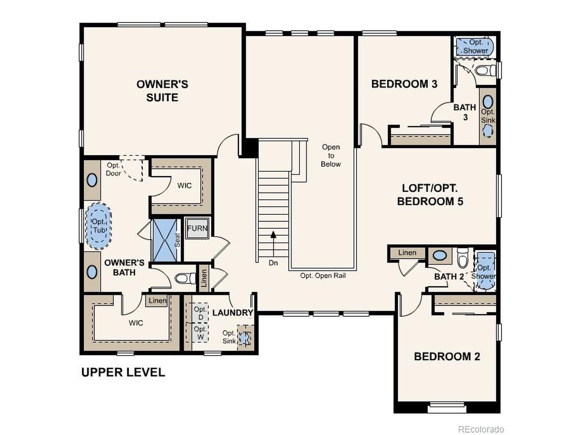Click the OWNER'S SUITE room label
pyautogui.click(x=162, y=91)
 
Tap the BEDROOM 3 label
pyautogui.click(x=404, y=84)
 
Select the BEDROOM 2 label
pyautogui.click(x=447, y=357)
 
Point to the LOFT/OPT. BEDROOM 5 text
pyautogui.click(x=430, y=195)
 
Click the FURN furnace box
pyautogui.click(x=197, y=228)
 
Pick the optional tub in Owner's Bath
pyautogui.click(x=98, y=226)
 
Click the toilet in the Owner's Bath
pyautogui.click(x=184, y=278)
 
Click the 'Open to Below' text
pyautogui.click(x=331, y=155)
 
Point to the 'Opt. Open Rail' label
pyautogui.click(x=323, y=275)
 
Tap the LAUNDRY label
pyautogui.click(x=232, y=313)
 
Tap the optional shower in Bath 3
pyautogui.click(x=475, y=46)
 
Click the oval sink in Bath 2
pyautogui.click(x=439, y=256)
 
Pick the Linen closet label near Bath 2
pyautogui.click(x=407, y=253)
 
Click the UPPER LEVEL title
pyautogui.click(x=123, y=372)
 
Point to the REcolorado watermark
pyautogui.click(x=481, y=429)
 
